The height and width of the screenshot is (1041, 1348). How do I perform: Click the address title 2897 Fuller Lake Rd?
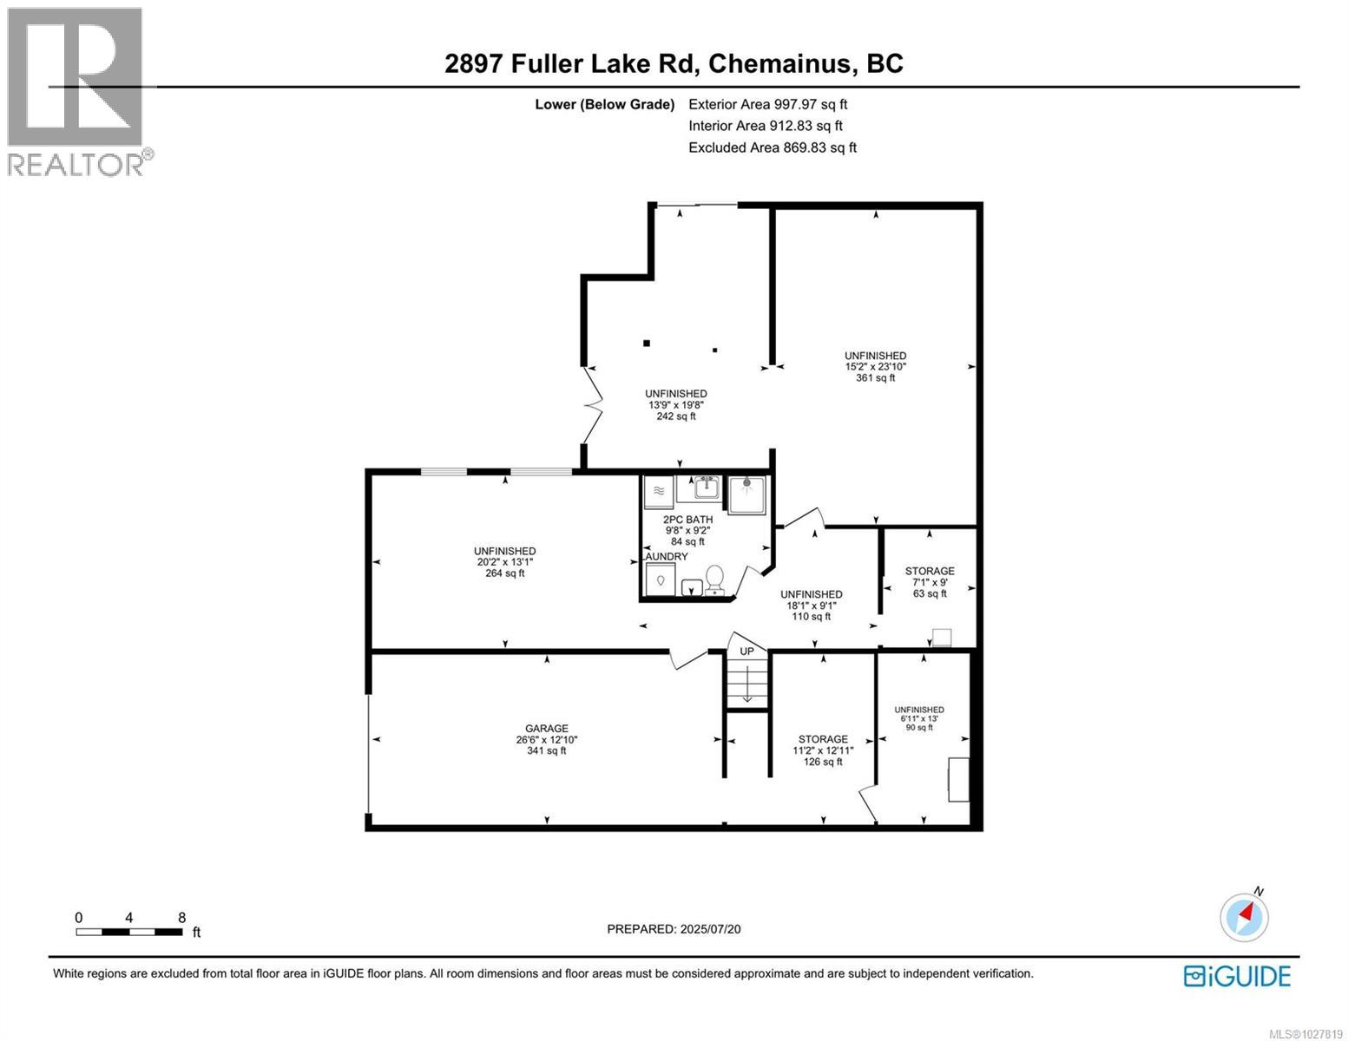click(x=674, y=63)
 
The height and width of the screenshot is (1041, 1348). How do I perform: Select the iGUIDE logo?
click(x=1237, y=975)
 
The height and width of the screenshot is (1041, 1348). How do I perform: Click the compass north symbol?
click(x=1245, y=916)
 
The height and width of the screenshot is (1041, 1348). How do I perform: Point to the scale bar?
click(x=129, y=932)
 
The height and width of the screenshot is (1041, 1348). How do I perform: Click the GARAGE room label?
click(x=547, y=729)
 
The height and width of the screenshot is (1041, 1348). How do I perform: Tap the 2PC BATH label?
click(x=687, y=520)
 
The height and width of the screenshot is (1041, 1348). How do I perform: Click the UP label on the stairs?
click(x=746, y=651)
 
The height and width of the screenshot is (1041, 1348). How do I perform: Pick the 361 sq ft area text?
click(x=875, y=378)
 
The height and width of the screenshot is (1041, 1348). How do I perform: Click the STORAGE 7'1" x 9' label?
click(x=930, y=582)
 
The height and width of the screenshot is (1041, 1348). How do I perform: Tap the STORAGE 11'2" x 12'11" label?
click(x=823, y=750)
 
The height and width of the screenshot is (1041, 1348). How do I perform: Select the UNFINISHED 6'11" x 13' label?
click(x=919, y=718)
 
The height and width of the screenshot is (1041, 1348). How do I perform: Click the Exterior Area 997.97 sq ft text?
click(x=767, y=104)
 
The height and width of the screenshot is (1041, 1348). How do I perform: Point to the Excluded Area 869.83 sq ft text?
click(x=773, y=147)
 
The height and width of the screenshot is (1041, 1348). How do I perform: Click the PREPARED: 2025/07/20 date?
click(x=674, y=929)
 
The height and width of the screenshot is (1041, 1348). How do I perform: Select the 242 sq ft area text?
click(x=675, y=416)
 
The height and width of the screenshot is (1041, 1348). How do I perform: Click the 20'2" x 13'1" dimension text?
click(x=504, y=562)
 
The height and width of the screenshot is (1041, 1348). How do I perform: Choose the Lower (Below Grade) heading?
click(x=605, y=104)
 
